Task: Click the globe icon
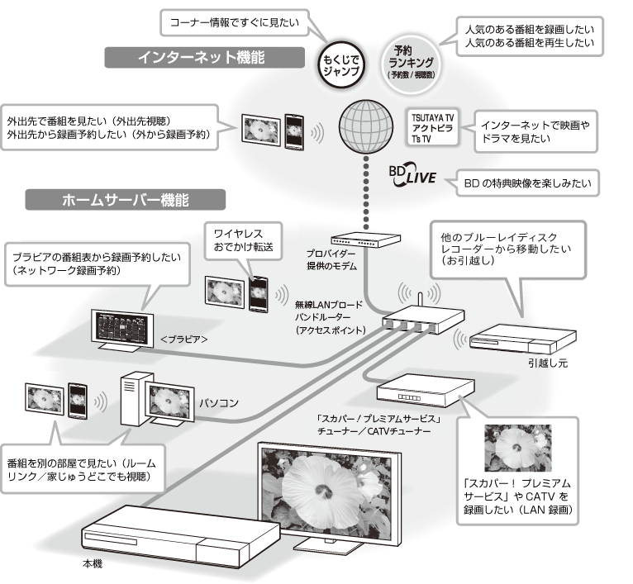tap(364, 124)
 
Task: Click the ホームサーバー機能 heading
tap(126, 200)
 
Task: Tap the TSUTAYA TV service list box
tap(431, 129)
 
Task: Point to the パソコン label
tap(218, 403)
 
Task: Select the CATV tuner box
tap(408, 389)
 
